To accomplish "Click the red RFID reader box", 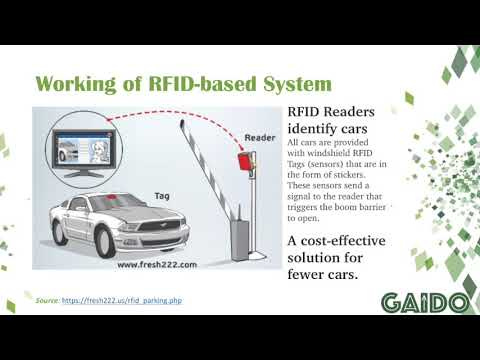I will [x=241, y=160].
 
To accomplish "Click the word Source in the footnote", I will [x=49, y=301].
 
